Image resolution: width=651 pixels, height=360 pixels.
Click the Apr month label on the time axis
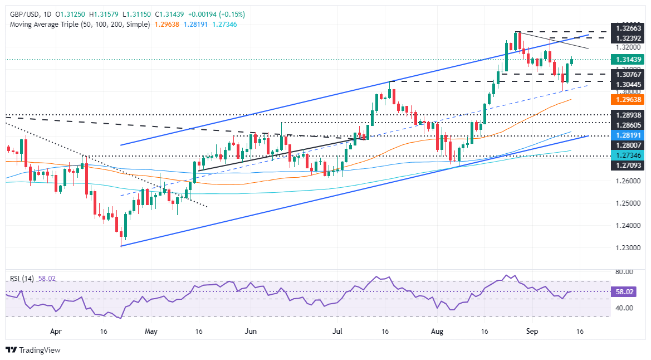pos(56,330)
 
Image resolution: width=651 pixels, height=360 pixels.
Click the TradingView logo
pos(33,350)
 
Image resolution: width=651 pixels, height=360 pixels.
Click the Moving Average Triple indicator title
pos(78,25)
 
